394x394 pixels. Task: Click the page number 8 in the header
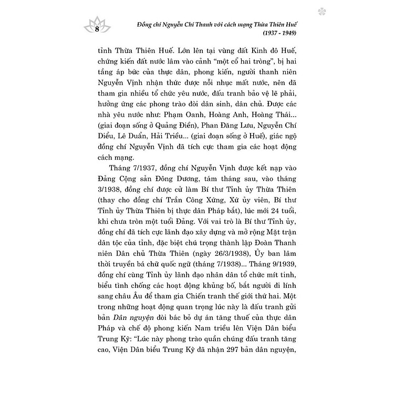[x=97, y=29]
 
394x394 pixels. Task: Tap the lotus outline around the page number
[x=97, y=22]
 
